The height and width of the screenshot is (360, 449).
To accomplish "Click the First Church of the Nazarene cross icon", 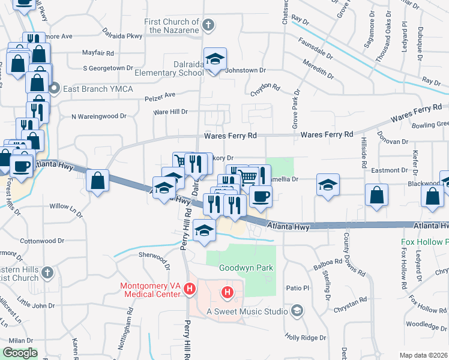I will pyautogui.click(x=208, y=25).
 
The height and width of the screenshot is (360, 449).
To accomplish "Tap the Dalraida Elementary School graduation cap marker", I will pyautogui.click(x=215, y=59).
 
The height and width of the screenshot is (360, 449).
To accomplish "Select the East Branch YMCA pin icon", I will pyautogui.click(x=53, y=89).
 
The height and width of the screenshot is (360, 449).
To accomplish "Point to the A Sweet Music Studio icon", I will pyautogui.click(x=297, y=310).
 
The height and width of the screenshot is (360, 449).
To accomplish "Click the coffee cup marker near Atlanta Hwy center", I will pyautogui.click(x=261, y=196).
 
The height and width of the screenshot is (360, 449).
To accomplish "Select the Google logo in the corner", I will pyautogui.click(x=20, y=353).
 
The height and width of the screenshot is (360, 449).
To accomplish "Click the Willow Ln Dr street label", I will pyautogui.click(x=66, y=206).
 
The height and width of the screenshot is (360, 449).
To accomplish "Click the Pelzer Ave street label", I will pyautogui.click(x=160, y=95).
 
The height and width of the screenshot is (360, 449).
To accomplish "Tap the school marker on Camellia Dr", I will pyautogui.click(x=328, y=185).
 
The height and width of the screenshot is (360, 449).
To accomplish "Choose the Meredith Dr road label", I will pyautogui.click(x=318, y=70).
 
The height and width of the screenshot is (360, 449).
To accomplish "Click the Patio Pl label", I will pyautogui.click(x=297, y=288).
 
